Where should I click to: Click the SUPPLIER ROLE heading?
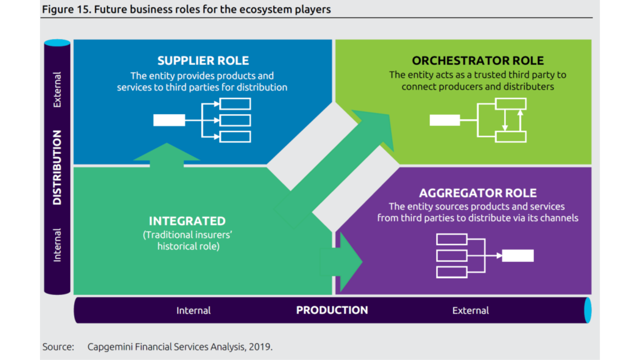(x=203, y=61)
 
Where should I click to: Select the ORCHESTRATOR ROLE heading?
(x=477, y=61)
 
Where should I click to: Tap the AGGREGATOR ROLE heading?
(x=477, y=193)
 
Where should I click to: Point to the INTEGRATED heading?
(x=187, y=221)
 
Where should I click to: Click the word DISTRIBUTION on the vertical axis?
(x=57, y=167)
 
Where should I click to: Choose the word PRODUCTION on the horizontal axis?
(x=332, y=310)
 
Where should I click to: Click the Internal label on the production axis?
(x=193, y=310)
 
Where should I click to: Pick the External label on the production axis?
(x=470, y=310)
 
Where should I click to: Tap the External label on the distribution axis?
(x=57, y=90)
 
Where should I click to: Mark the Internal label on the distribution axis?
(x=57, y=245)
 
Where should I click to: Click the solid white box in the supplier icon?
(x=169, y=120)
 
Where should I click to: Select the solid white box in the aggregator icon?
(x=517, y=255)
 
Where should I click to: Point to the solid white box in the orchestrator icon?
(x=444, y=120)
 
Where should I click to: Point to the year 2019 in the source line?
(x=261, y=346)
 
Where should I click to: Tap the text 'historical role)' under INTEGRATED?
(x=188, y=246)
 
